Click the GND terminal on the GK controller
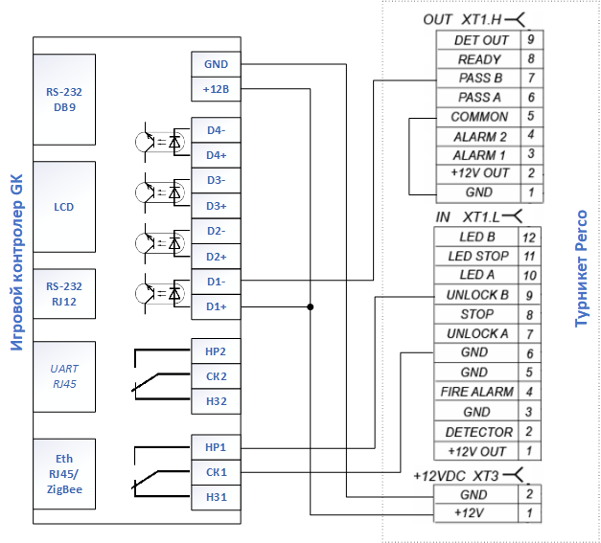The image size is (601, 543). (217, 64)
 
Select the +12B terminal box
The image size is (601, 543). (217, 89)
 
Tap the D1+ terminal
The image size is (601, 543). (217, 306)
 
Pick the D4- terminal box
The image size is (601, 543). (217, 130)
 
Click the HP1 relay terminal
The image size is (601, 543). (217, 447)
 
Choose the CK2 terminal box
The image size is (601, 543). (217, 376)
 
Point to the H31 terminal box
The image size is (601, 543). (217, 497)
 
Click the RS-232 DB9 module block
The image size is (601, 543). (64, 100)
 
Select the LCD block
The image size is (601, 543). (64, 207)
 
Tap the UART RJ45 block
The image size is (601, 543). (64, 376)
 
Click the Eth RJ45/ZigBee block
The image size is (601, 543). (64, 474)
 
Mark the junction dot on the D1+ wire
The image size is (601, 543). (310, 306)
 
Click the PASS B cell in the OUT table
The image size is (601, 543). (478, 79)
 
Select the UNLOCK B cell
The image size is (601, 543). (476, 295)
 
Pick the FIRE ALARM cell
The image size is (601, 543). (476, 392)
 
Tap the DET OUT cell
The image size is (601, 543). (478, 40)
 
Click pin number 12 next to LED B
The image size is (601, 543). (529, 238)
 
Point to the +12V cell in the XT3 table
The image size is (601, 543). (476, 512)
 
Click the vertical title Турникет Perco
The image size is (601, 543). (582, 268)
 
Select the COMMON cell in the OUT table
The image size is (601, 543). (478, 117)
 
